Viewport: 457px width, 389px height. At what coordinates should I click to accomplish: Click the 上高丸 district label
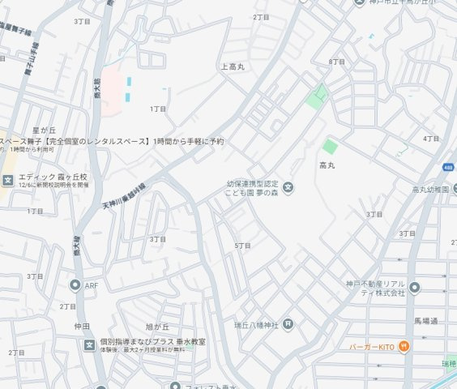click(233, 66)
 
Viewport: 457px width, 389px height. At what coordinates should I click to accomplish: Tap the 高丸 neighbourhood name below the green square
click(327, 165)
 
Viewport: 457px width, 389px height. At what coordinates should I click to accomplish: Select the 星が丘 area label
click(43, 130)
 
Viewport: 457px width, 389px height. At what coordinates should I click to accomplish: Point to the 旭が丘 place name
click(156, 304)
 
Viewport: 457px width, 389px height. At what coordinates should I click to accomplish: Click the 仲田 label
click(82, 326)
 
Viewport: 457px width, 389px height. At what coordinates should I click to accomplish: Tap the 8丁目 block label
click(337, 62)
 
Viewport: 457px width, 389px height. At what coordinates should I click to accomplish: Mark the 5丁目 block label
click(242, 245)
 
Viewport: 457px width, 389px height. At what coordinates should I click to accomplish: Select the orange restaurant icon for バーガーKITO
click(405, 347)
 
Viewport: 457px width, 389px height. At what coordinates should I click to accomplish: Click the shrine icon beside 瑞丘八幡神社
click(288, 325)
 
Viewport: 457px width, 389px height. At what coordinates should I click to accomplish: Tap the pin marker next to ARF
click(75, 285)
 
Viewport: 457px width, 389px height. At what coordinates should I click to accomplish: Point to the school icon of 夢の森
click(288, 189)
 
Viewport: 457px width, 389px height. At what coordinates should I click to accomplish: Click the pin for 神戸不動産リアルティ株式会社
click(415, 288)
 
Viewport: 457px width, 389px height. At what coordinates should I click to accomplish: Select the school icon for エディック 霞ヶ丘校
click(8, 180)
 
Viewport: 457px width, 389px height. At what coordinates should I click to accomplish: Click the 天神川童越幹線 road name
click(124, 197)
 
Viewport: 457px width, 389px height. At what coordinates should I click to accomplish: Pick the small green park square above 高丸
click(329, 147)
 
